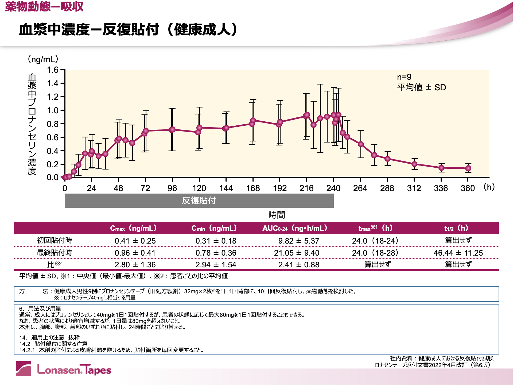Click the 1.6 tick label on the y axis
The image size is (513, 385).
coord(53,70)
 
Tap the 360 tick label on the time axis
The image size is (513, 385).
coord(468,188)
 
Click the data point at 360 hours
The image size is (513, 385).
coord(468,168)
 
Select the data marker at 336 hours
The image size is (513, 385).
coord(441,168)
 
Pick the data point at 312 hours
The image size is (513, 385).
coord(414,164)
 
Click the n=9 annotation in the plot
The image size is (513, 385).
coord(404,77)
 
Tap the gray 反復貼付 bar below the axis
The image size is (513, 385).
coord(199,201)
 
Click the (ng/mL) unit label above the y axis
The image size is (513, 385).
coord(43,59)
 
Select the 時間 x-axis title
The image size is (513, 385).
coord(277,215)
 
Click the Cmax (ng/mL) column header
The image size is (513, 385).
coord(133,228)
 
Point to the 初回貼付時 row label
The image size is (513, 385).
coord(55,240)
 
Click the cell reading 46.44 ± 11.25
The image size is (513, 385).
coord(458,253)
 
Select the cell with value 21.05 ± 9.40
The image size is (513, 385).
coord(297,253)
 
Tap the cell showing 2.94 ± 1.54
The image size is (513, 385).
coord(216,265)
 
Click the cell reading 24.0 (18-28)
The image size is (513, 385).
coord(375,253)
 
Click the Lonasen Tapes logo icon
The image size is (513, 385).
coord(24,368)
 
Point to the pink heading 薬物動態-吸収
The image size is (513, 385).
coord(44,6)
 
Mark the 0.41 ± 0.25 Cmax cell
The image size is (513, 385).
coord(135,241)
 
